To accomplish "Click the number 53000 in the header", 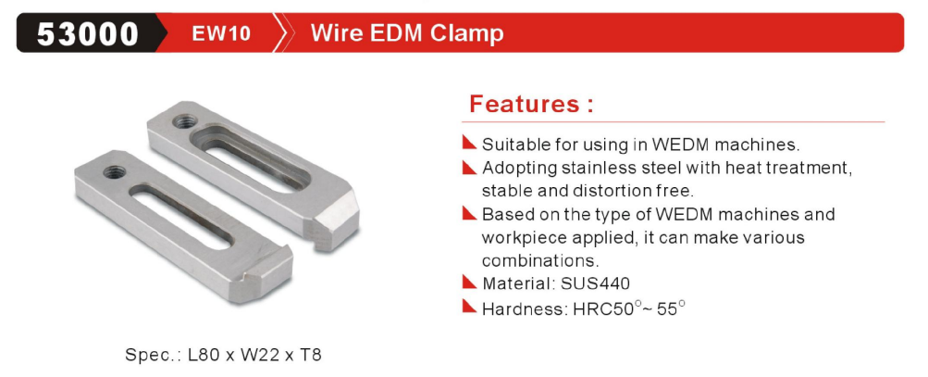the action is pos(88,33).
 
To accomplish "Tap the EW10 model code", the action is pos(221,33).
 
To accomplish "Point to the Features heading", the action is pos(531,104).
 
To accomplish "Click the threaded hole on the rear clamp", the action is pos(185,121).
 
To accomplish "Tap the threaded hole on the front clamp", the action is pos(114,172).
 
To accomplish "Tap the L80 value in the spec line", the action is pos(204,355).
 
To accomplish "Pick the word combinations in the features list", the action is pos(540,260).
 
